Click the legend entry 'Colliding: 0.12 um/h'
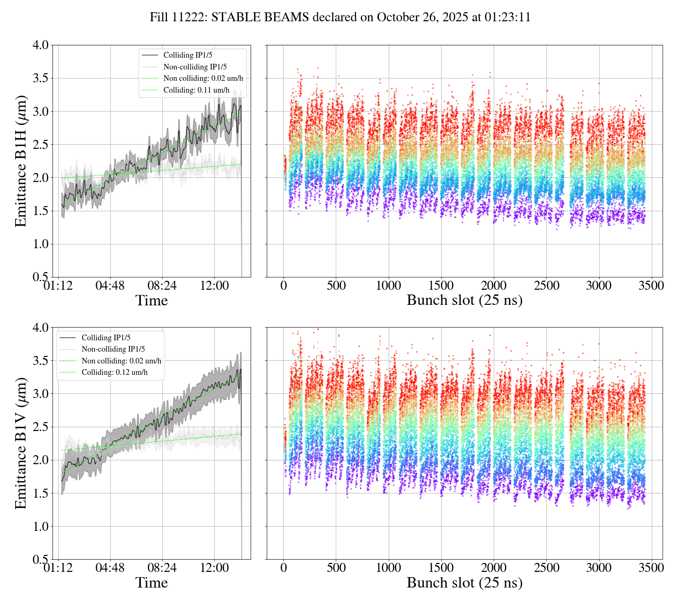pyautogui.click(x=114, y=372)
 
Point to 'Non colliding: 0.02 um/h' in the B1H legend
pyautogui.click(x=203, y=78)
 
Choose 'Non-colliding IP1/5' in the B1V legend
pyautogui.click(x=113, y=349)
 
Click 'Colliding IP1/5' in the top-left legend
pyautogui.click(x=191, y=55)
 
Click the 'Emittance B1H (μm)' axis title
pyautogui.click(x=21, y=161)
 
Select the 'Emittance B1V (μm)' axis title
pyautogui.click(x=21, y=443)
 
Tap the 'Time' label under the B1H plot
pyautogui.click(x=151, y=301)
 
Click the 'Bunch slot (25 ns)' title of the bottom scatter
pyautogui.click(x=464, y=583)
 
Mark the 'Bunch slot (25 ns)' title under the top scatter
pyautogui.click(x=464, y=301)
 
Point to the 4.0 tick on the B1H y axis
pyautogui.click(x=40, y=45)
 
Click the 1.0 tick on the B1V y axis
pyautogui.click(x=40, y=527)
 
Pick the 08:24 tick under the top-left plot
pyautogui.click(x=162, y=286)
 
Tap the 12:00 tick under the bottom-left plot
pyautogui.click(x=214, y=568)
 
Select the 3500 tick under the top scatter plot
pyautogui.click(x=651, y=286)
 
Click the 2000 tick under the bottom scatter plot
pyautogui.click(x=494, y=568)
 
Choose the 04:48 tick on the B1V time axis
pyautogui.click(x=110, y=568)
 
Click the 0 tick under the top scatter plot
pyautogui.click(x=283, y=286)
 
